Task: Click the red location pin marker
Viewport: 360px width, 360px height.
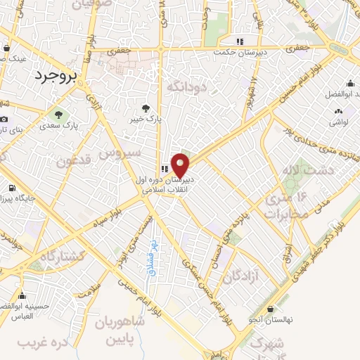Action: click(181, 166)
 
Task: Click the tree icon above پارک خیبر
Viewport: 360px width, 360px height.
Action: click(146, 108)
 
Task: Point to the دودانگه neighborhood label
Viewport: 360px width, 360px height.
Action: click(186, 86)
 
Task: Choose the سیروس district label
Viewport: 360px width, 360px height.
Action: click(120, 153)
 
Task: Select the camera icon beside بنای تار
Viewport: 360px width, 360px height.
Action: click(4, 120)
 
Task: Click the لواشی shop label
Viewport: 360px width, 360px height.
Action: click(338, 122)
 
